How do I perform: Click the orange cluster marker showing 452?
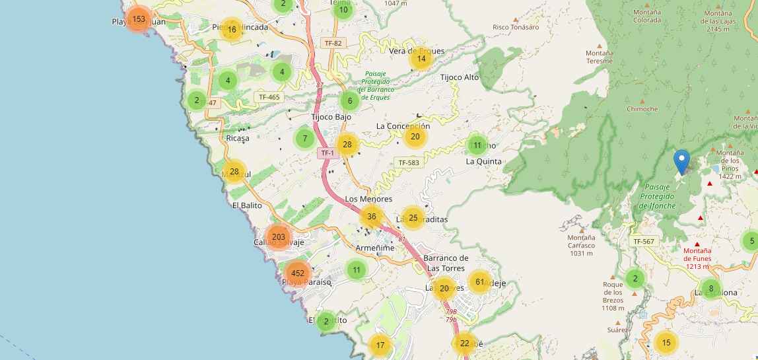(298, 273)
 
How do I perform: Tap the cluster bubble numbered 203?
(278, 237)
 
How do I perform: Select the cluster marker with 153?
(139, 19)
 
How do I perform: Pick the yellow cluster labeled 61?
(480, 282)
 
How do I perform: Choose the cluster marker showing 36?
(372, 217)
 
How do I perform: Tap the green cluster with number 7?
(304, 139)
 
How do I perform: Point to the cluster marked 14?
(421, 58)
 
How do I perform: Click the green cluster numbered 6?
(350, 101)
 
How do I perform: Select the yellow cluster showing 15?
(666, 342)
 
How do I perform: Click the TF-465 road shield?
(269, 97)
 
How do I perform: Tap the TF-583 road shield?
(409, 162)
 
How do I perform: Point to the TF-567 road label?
(644, 242)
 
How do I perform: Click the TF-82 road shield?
(333, 43)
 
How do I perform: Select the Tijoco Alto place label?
(460, 77)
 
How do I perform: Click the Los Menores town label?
(368, 199)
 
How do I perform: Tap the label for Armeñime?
(374, 248)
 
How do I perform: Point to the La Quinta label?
(483, 161)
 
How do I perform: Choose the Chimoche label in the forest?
(642, 109)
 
